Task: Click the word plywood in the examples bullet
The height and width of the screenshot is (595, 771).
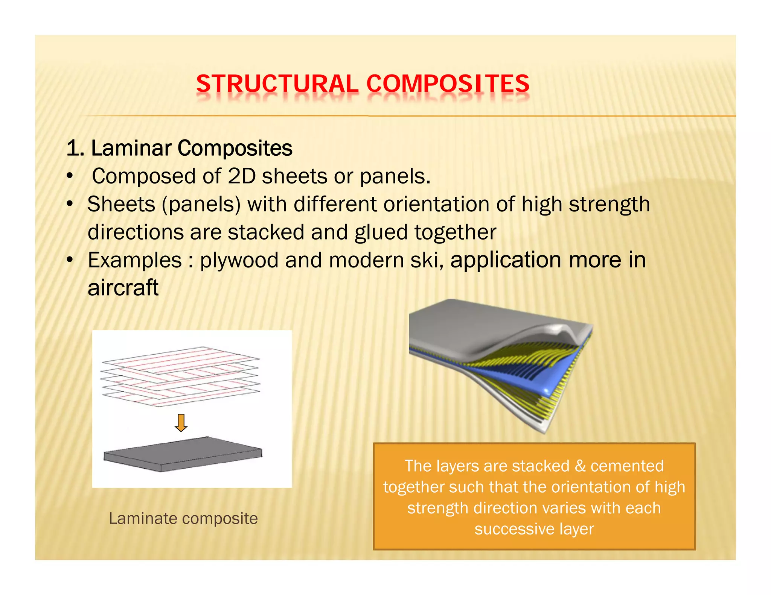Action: tap(239, 260)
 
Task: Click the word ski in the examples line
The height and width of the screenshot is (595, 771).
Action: tap(425, 260)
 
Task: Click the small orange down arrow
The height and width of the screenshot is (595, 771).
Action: tap(181, 423)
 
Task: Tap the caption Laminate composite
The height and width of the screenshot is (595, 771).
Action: tap(183, 518)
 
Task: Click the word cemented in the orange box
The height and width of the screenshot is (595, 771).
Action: tap(627, 466)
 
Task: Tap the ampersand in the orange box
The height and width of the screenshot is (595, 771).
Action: tap(580, 466)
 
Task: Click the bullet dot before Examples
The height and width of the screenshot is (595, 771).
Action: tap(69, 260)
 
